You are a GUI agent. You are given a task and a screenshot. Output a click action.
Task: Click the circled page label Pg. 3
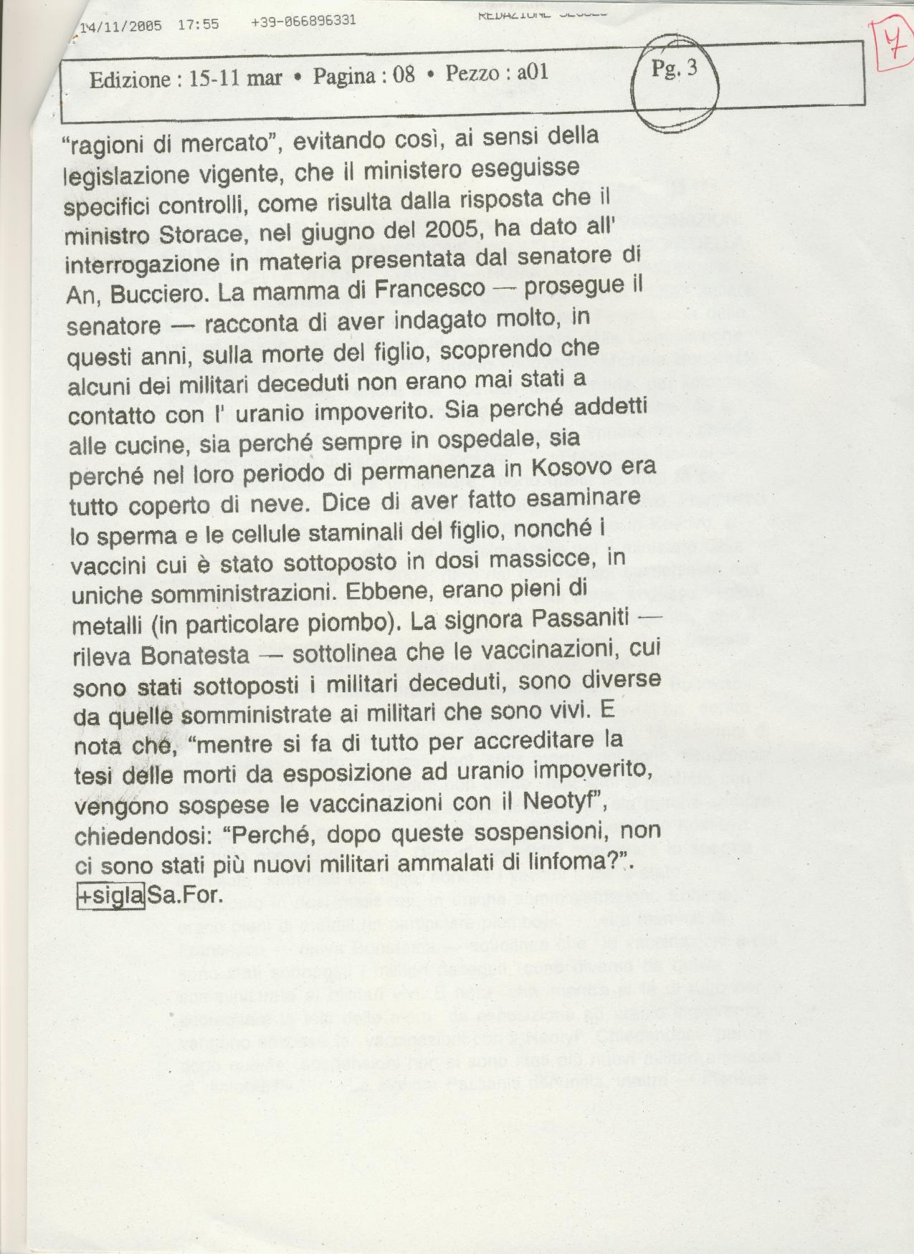pos(674,70)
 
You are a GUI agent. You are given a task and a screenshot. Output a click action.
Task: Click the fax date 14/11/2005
pos(120,26)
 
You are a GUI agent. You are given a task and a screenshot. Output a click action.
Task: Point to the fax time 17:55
pos(198,24)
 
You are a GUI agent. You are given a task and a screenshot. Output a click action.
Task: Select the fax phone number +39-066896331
pos(303,21)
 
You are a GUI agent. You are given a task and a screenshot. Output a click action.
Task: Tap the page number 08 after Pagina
pos(404,75)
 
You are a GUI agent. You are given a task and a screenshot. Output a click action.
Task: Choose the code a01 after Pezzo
pos(532,72)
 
